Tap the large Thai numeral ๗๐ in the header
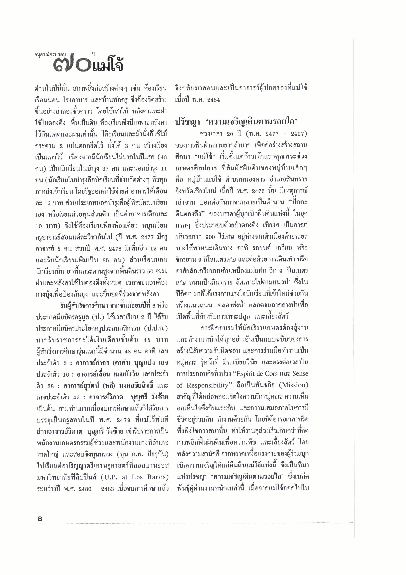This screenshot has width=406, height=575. (73, 66)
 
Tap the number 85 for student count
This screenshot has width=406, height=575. (106, 260)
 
